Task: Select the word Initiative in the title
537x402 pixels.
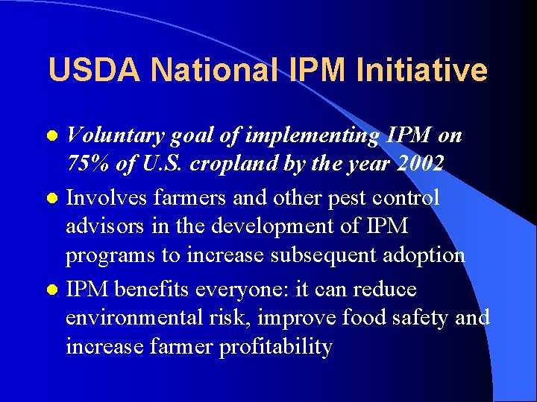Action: [422, 71]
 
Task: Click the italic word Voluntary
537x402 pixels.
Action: [115, 136]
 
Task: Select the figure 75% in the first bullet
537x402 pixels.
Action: [88, 163]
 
